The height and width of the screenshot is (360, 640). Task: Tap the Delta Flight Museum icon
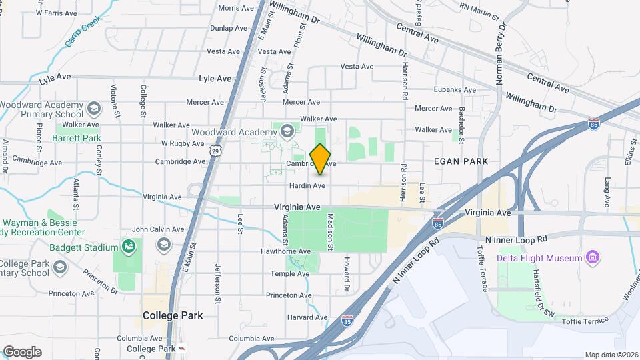point(591,257)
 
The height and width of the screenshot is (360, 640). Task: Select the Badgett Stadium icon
point(128,248)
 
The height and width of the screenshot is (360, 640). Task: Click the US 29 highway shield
point(214,151)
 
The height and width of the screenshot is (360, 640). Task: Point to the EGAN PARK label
point(461,161)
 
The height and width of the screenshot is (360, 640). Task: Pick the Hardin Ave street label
point(307,185)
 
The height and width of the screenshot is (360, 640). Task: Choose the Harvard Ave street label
point(307,317)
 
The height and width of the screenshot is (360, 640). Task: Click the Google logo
point(22,351)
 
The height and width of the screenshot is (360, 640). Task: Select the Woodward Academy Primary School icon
point(93,108)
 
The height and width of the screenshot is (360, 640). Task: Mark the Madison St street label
point(330,232)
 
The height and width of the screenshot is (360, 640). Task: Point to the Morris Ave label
point(236,8)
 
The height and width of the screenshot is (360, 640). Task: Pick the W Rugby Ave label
point(183,143)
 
